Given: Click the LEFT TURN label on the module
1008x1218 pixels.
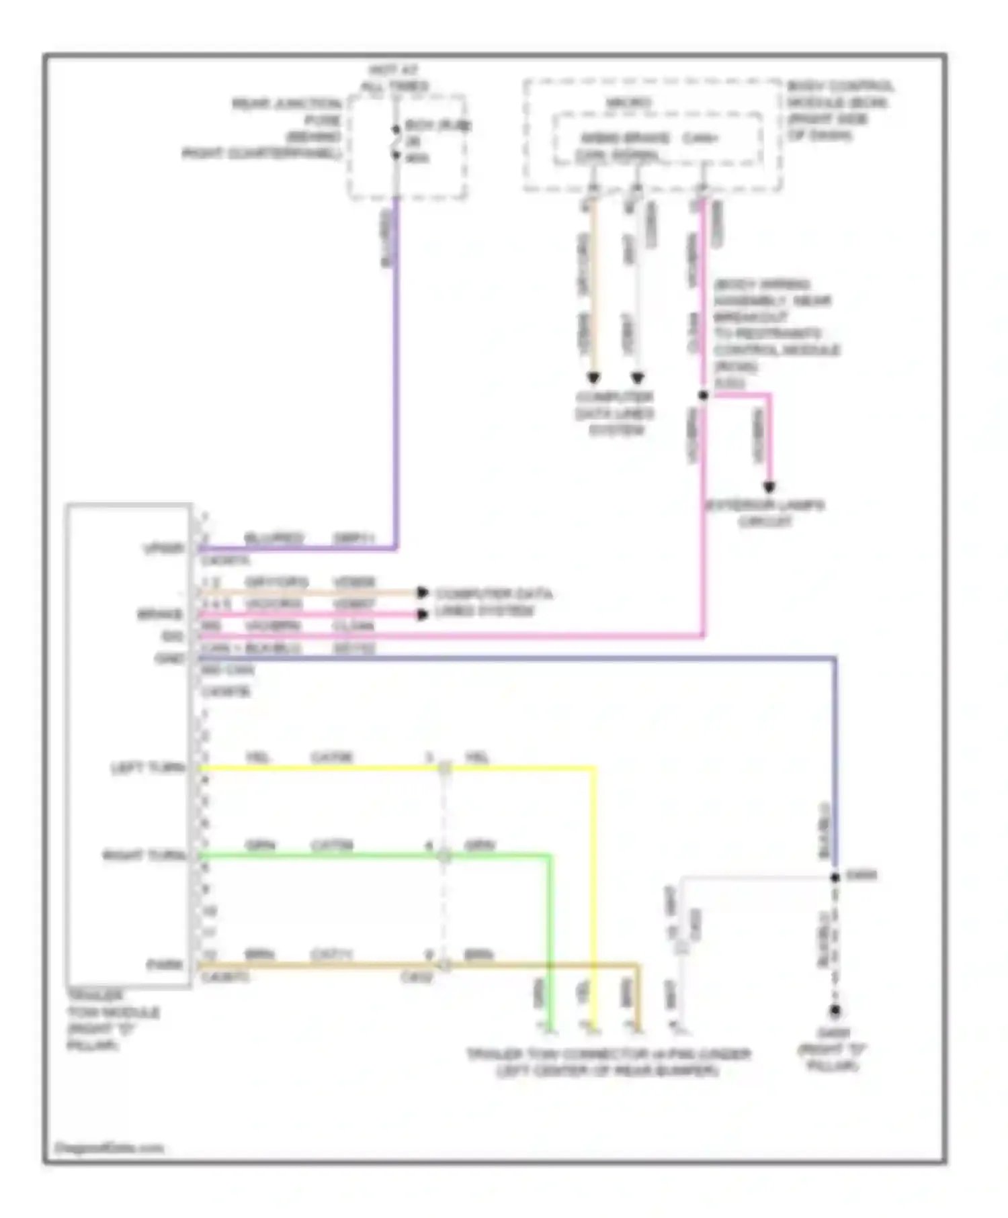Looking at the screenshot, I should [x=147, y=767].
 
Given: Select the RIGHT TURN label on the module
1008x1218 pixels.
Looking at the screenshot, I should [x=143, y=855].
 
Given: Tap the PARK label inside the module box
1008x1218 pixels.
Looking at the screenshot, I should [x=165, y=965].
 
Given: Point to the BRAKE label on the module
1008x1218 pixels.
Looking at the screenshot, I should [x=160, y=614].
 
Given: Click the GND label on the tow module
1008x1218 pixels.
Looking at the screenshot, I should [x=169, y=659].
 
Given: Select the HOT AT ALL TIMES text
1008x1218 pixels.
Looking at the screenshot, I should [x=394, y=78].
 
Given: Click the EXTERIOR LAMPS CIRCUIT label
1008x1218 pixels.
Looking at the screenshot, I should [x=765, y=513].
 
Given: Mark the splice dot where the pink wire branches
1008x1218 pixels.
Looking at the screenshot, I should [x=703, y=395].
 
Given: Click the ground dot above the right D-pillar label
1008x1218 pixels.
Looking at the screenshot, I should [x=835, y=1010].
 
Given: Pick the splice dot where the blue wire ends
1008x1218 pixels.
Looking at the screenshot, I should [x=835, y=877].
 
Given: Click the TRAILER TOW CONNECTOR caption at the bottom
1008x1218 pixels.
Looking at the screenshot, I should [x=608, y=1062].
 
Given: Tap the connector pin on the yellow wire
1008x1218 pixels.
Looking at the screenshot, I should [x=444, y=768].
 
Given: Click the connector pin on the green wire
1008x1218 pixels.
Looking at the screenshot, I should [x=444, y=856].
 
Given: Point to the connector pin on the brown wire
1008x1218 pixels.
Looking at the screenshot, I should [x=444, y=966].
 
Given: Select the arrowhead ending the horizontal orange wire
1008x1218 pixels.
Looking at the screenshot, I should [x=422, y=592].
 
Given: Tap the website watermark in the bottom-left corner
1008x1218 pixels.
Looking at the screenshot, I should [x=109, y=1147].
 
